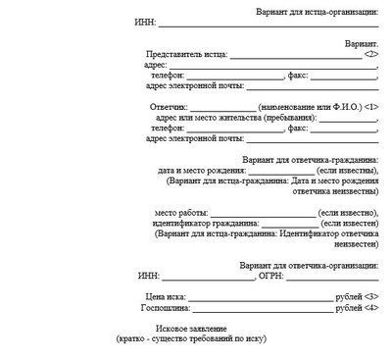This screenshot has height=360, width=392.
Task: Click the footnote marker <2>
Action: pos(370,55)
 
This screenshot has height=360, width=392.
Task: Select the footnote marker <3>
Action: pos(370,295)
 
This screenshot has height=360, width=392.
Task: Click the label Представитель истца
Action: pos(184,55)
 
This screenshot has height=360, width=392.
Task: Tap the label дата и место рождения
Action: pos(203,170)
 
